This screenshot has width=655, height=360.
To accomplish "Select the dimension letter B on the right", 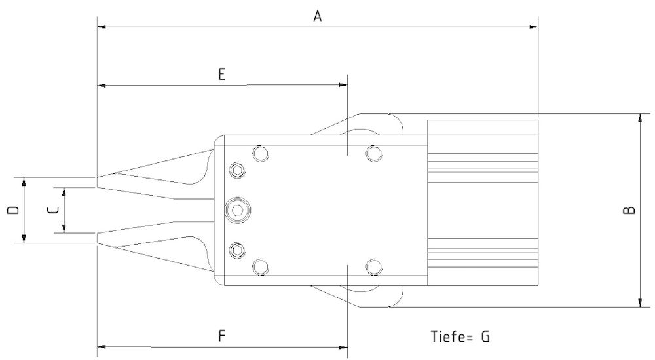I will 628,210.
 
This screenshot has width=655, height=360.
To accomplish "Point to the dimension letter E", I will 221,75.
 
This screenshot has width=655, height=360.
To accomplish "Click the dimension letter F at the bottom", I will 221,336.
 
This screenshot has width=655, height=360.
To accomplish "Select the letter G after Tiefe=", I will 485,336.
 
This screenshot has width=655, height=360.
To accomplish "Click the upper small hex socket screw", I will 236,170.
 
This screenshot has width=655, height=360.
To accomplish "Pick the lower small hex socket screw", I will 236,250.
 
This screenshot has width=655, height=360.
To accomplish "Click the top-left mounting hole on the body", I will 261,154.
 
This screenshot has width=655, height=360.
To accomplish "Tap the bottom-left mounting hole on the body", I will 261,266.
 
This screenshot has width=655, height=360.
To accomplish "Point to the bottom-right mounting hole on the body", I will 374,266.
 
